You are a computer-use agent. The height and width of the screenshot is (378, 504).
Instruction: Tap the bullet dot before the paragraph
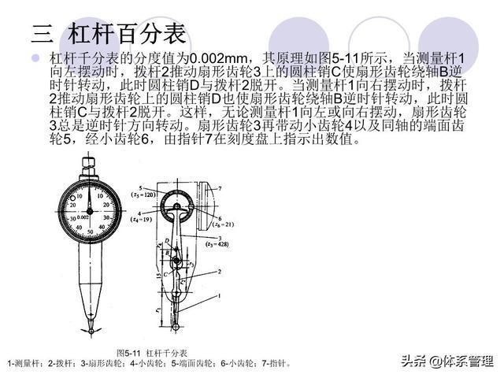pyautogui.click(x=35, y=60)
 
